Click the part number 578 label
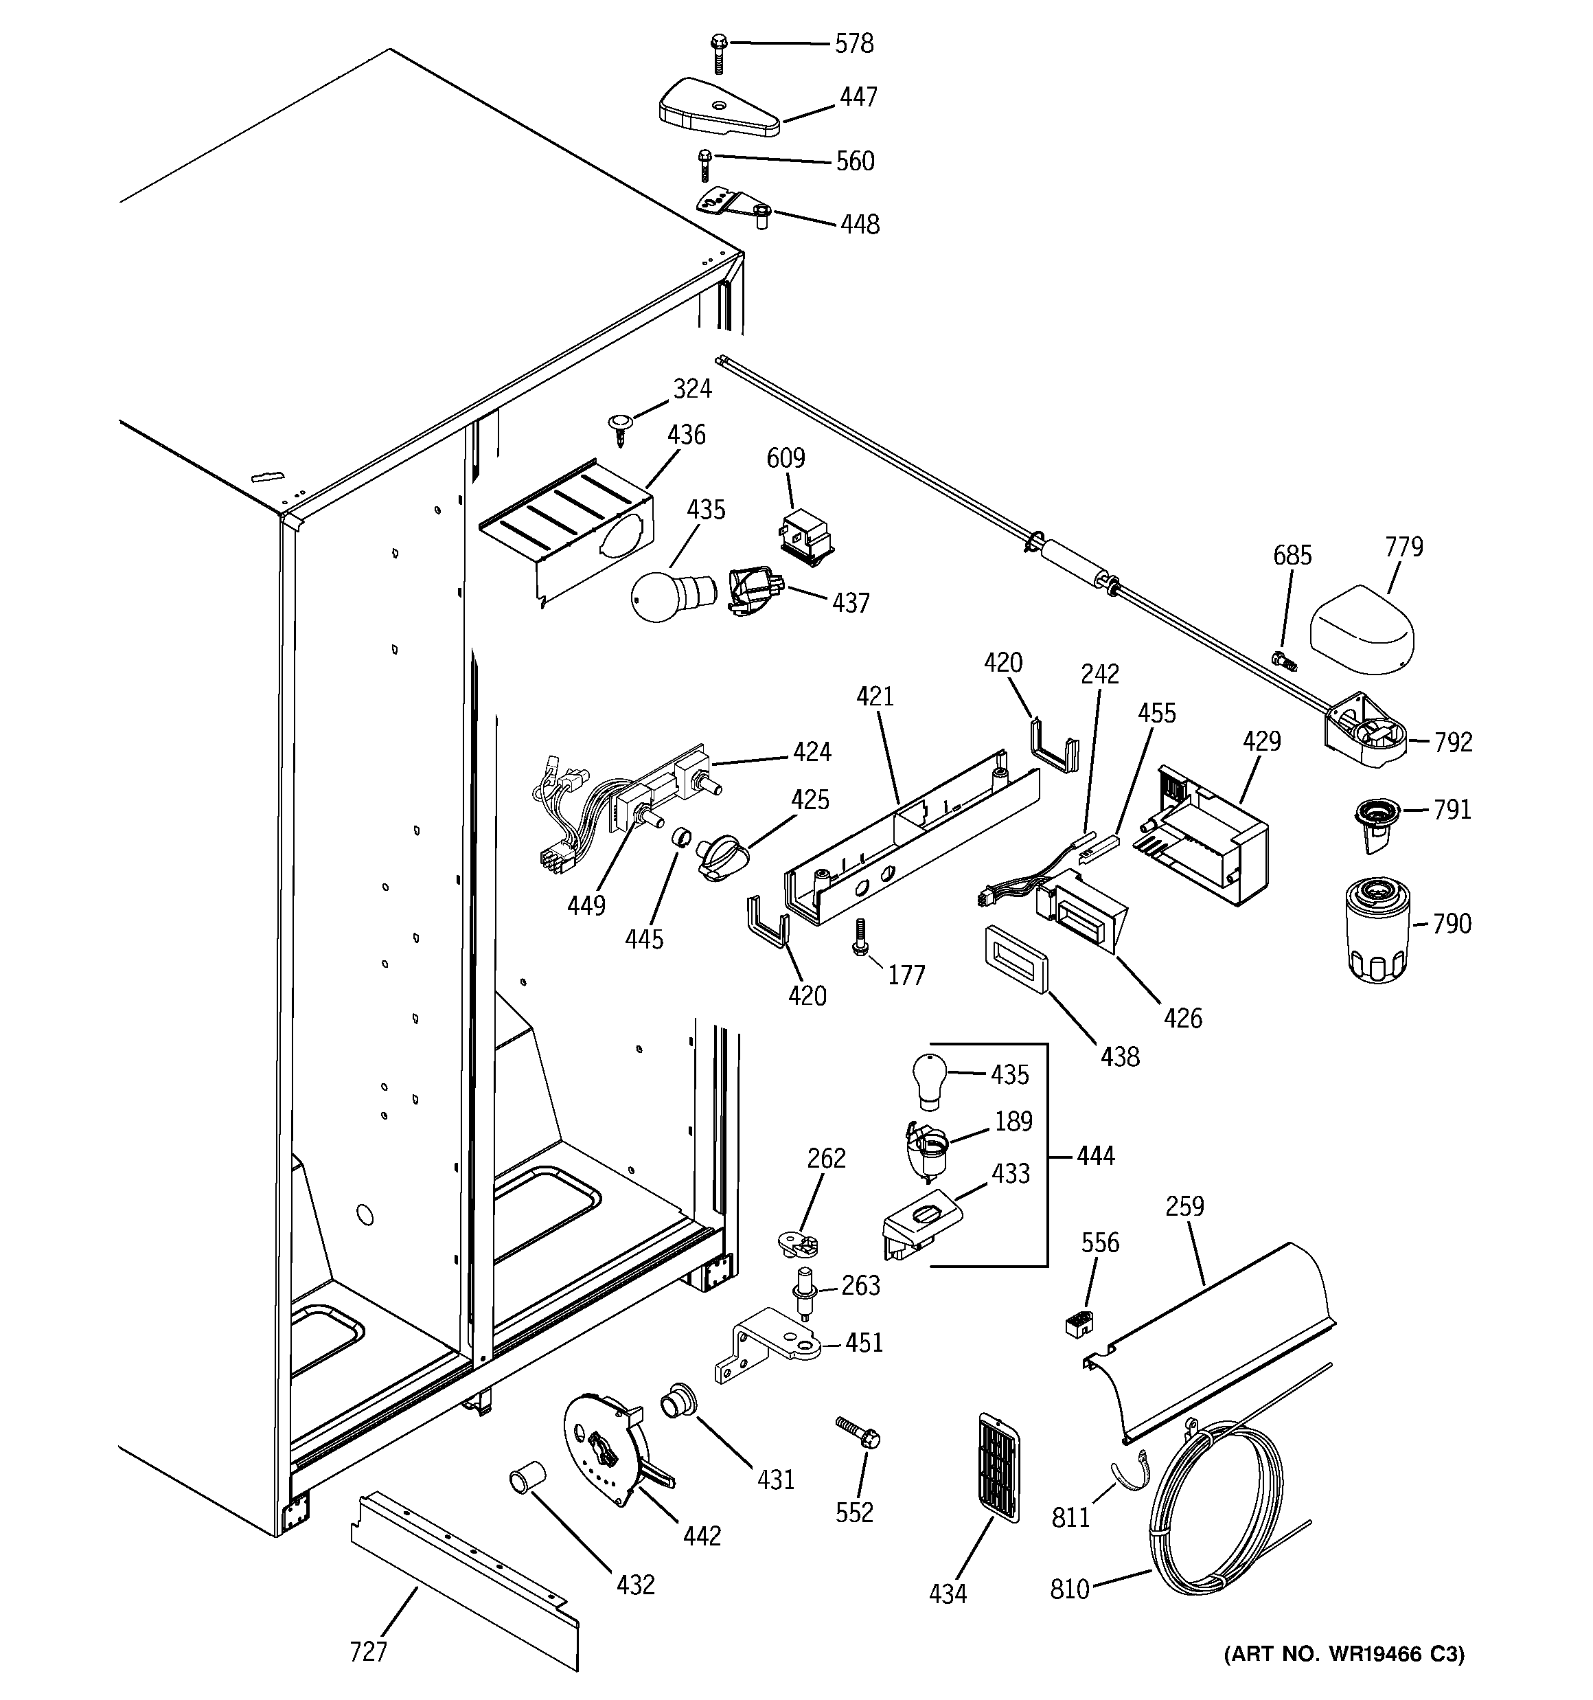[x=853, y=43]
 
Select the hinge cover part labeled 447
[x=718, y=109]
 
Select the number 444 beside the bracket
[x=1095, y=1155]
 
